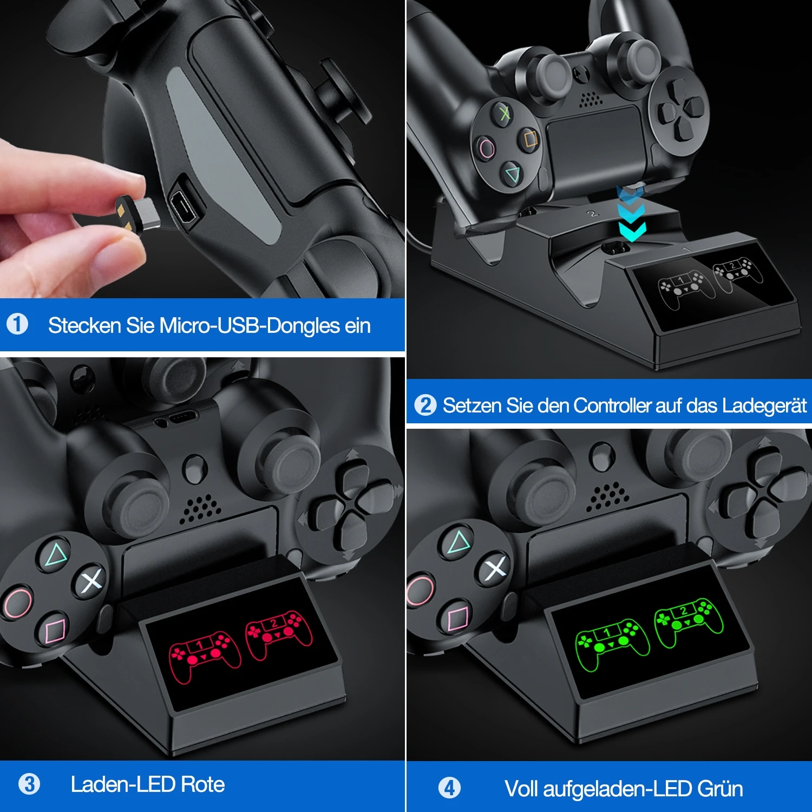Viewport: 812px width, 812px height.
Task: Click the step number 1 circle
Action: (17, 324)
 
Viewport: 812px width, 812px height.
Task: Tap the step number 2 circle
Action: (425, 405)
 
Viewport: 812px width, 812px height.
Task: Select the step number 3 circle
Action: (29, 784)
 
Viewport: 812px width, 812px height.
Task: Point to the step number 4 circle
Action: (449, 788)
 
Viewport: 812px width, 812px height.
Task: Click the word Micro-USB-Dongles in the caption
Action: (249, 326)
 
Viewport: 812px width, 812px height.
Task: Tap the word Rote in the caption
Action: (202, 784)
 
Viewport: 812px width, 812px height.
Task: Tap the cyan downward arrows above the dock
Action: (632, 217)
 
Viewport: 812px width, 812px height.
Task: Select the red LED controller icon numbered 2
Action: (279, 633)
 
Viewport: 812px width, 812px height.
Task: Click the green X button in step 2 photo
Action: (505, 113)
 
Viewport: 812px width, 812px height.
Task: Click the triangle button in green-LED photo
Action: (459, 542)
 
